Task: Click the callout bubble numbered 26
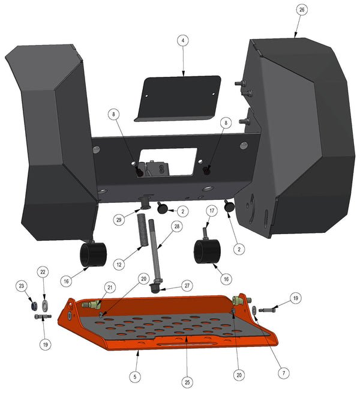(302, 10)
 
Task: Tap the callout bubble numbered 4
(183, 40)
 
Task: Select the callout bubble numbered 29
(119, 220)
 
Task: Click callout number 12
(119, 265)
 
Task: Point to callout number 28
(177, 226)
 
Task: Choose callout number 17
(212, 210)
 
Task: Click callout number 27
(187, 286)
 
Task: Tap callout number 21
(110, 287)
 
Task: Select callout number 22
(43, 272)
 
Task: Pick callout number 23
(22, 286)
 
